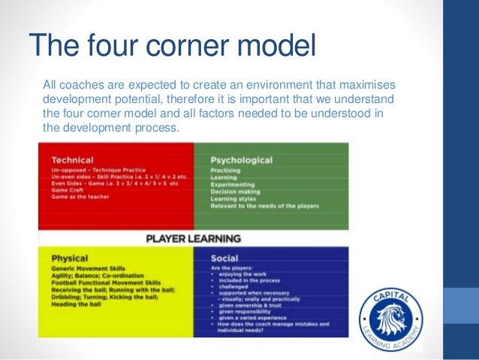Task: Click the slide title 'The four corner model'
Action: tap(172, 46)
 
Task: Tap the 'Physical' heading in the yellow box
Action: tap(70, 258)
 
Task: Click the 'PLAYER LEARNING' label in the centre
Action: tap(193, 239)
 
